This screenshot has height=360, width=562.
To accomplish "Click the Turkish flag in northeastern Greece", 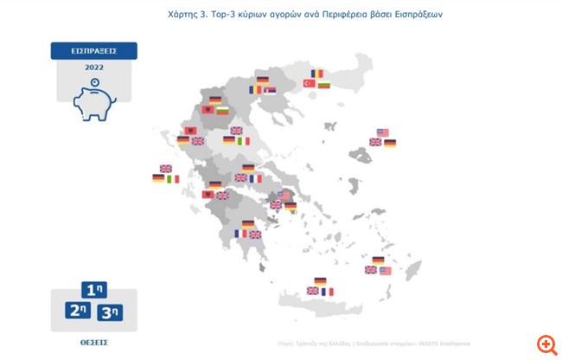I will (309, 84).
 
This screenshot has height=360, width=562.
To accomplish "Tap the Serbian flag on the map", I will (270, 90).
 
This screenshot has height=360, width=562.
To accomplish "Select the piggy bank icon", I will (94, 102).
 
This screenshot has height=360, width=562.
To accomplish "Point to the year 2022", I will (94, 67).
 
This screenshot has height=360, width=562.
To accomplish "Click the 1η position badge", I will (94, 291).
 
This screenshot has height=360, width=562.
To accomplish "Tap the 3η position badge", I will (110, 312).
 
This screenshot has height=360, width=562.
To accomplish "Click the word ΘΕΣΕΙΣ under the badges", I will (93, 343).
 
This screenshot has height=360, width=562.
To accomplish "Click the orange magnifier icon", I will (546, 344).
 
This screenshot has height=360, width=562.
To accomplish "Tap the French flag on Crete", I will (327, 292).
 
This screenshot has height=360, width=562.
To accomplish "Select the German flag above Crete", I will (320, 281).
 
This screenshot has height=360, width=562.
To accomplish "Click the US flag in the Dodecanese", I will (385, 270).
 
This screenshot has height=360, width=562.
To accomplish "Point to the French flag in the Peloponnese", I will (240, 234).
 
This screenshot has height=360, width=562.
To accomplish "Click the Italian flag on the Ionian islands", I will (173, 178).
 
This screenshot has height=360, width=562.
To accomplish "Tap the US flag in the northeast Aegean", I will (382, 132).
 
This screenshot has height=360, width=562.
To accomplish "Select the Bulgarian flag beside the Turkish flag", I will (324, 84).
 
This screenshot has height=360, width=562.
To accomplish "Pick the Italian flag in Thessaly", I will (243, 141).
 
